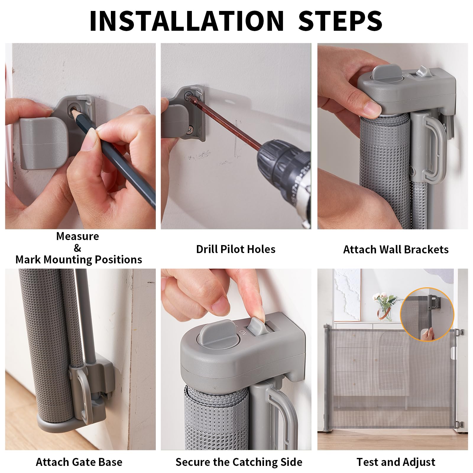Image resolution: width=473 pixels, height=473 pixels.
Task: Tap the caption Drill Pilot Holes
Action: (236, 249)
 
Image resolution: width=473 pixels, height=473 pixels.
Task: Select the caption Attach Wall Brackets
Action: (396, 250)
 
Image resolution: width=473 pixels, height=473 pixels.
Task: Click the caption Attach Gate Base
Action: (79, 462)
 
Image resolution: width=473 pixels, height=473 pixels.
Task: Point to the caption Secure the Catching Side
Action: (239, 462)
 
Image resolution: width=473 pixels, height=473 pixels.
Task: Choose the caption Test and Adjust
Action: (396, 462)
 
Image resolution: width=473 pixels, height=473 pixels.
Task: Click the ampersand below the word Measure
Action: (77, 248)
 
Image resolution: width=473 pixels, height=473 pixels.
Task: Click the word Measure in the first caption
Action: (77, 236)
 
